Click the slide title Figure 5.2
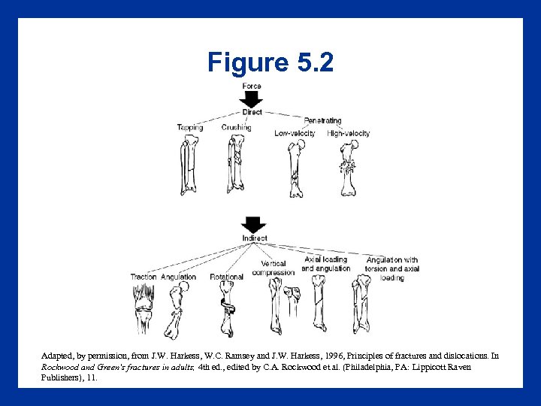(270, 62)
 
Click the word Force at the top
(252, 86)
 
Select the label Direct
(252, 112)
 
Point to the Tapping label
(190, 128)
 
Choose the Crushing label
(236, 128)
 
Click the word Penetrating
(322, 120)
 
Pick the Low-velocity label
(295, 134)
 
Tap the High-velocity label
(349, 134)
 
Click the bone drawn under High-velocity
(347, 169)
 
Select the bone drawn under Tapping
(187, 165)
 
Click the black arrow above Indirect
(254, 225)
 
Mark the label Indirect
(255, 238)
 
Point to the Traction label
(144, 277)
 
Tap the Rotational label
(226, 277)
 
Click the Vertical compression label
(273, 268)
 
